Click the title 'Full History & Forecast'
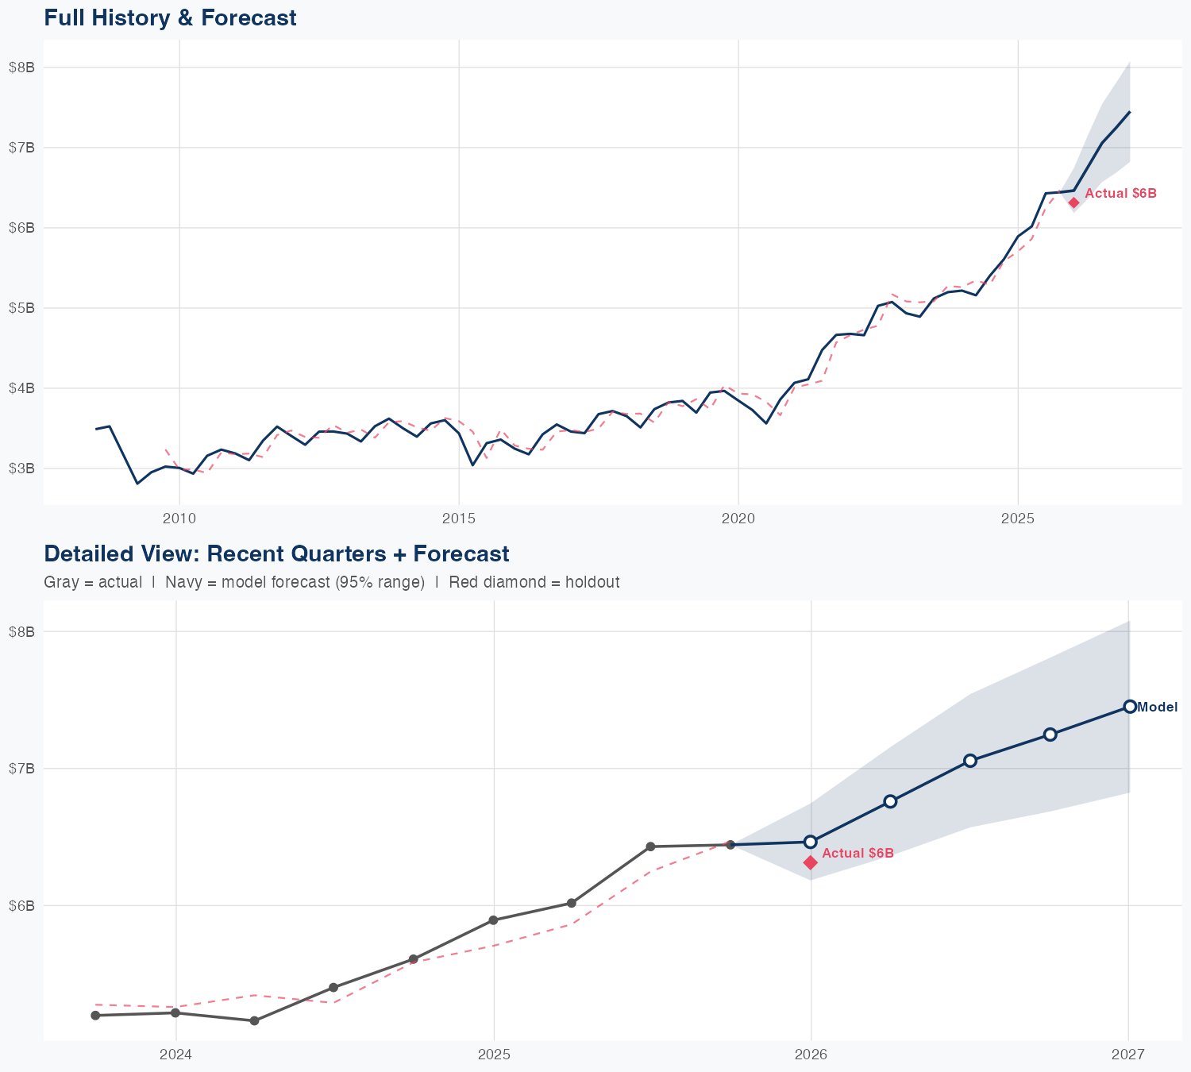[170, 17]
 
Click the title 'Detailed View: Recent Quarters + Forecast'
[276, 553]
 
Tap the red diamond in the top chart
[1073, 202]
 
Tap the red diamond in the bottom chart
[811, 862]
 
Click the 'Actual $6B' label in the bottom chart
[858, 853]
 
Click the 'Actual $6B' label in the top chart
[1120, 193]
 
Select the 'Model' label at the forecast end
[1157, 707]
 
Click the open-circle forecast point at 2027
[1129, 707]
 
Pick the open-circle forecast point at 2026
[811, 842]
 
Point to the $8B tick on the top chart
[21, 67]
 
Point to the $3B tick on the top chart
[21, 469]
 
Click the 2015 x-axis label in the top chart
[459, 519]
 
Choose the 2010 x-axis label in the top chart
[179, 519]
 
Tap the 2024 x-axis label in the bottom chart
[175, 1055]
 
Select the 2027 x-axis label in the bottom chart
[1128, 1055]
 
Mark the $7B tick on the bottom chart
[21, 769]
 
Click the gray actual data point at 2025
[493, 920]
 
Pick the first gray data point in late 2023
[95, 1016]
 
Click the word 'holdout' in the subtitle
[595, 582]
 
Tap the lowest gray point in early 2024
[254, 1021]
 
